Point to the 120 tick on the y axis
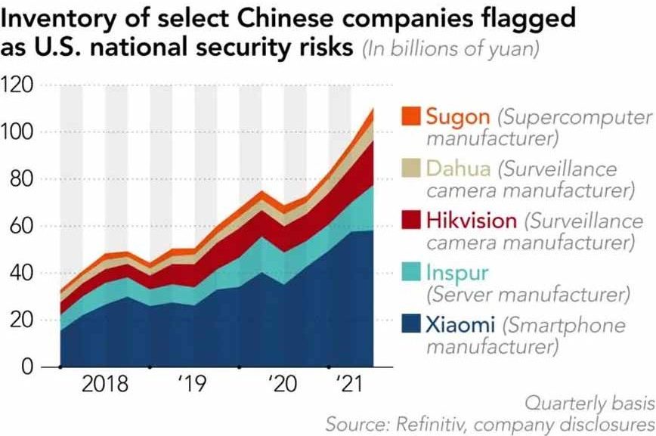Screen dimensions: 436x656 (x=20, y=85)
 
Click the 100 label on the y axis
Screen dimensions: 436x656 (x=20, y=132)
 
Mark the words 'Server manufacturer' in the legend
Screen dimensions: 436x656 (x=528, y=292)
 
